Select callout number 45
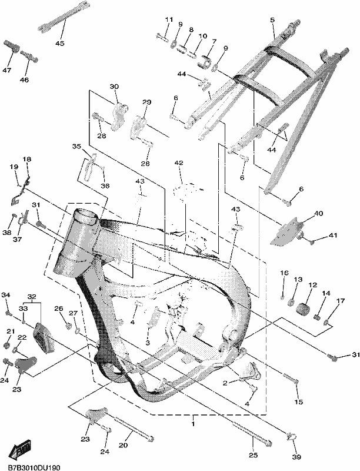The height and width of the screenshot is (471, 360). (x=59, y=43)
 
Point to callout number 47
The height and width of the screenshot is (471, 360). (x=7, y=70)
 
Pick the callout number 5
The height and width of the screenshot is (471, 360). (x=272, y=20)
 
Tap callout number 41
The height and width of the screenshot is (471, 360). (x=332, y=235)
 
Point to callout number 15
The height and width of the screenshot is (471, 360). (x=299, y=402)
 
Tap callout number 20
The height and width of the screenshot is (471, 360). (x=124, y=445)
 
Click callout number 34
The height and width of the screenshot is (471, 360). (x=6, y=295)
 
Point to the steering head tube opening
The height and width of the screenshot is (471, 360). (x=87, y=217)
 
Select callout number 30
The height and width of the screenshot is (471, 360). (x=114, y=87)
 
